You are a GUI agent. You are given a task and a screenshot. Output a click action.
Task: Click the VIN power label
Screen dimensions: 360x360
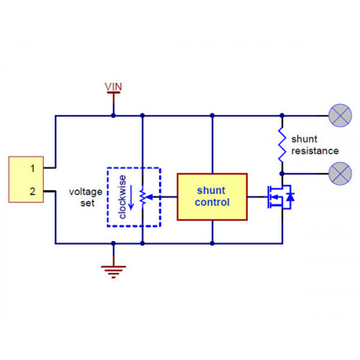113,86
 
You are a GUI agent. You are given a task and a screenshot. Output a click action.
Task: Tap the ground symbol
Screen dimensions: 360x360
113,271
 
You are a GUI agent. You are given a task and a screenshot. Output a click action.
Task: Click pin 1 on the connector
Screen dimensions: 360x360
32,168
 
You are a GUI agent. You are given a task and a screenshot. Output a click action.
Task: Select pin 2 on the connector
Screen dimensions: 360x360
32,192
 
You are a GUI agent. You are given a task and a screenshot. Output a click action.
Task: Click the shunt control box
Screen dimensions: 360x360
212,197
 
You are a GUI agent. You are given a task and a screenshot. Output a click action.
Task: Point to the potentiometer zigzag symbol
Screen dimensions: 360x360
143,197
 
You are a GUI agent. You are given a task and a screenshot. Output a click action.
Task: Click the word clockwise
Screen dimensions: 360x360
122,197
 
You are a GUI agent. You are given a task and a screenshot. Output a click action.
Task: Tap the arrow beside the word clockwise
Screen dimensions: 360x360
131,197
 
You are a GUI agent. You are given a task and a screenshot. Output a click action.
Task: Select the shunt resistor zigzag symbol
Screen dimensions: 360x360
282,145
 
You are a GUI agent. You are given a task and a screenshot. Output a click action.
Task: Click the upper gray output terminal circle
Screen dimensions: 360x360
340,115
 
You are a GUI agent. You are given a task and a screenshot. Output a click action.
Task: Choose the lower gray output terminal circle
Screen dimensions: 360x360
340,174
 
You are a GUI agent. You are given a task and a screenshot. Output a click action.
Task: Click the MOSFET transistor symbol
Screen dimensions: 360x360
280,197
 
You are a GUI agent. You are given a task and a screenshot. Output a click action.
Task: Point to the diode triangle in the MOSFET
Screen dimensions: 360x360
290,197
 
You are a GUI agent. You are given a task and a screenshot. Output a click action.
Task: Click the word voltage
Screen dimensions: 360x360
86,192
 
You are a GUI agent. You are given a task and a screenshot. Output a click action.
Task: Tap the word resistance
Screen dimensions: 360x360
315,151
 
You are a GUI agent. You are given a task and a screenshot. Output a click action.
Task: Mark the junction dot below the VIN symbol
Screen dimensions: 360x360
113,115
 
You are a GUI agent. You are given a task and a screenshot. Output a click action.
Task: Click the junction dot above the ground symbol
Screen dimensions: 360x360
113,243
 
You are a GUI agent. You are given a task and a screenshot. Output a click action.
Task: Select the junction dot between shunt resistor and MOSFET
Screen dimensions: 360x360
282,174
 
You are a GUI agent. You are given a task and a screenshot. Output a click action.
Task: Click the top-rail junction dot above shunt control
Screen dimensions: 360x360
212,115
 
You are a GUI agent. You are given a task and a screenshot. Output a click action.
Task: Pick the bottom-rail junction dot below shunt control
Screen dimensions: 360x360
212,243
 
